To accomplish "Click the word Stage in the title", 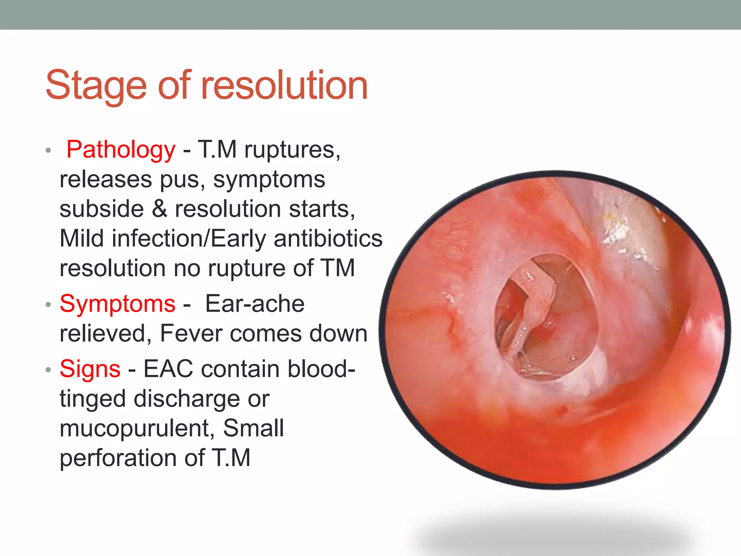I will click(x=96, y=86).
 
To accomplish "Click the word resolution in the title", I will click(x=284, y=85).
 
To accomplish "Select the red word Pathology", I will click(x=121, y=149).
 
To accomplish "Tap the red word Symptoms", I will click(x=118, y=304).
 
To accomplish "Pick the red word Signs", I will click(x=90, y=369).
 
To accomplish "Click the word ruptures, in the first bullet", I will click(x=292, y=149).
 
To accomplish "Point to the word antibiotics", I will click(x=328, y=239).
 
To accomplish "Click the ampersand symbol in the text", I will click(x=159, y=209).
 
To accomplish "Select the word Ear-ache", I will click(x=255, y=304).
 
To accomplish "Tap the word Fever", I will click(x=190, y=333).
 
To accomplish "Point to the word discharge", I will click(x=186, y=399).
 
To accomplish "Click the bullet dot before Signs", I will click(x=48, y=370).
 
